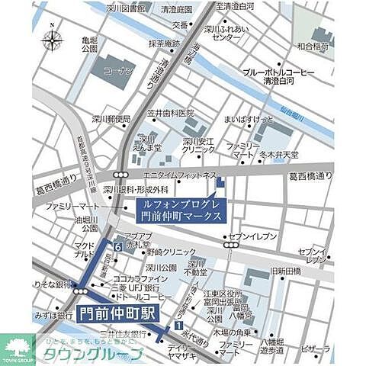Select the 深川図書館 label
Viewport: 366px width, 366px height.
127,9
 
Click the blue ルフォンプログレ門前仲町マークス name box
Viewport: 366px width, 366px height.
182,211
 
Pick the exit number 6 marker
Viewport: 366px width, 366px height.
118,247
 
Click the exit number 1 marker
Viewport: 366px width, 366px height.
178,326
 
